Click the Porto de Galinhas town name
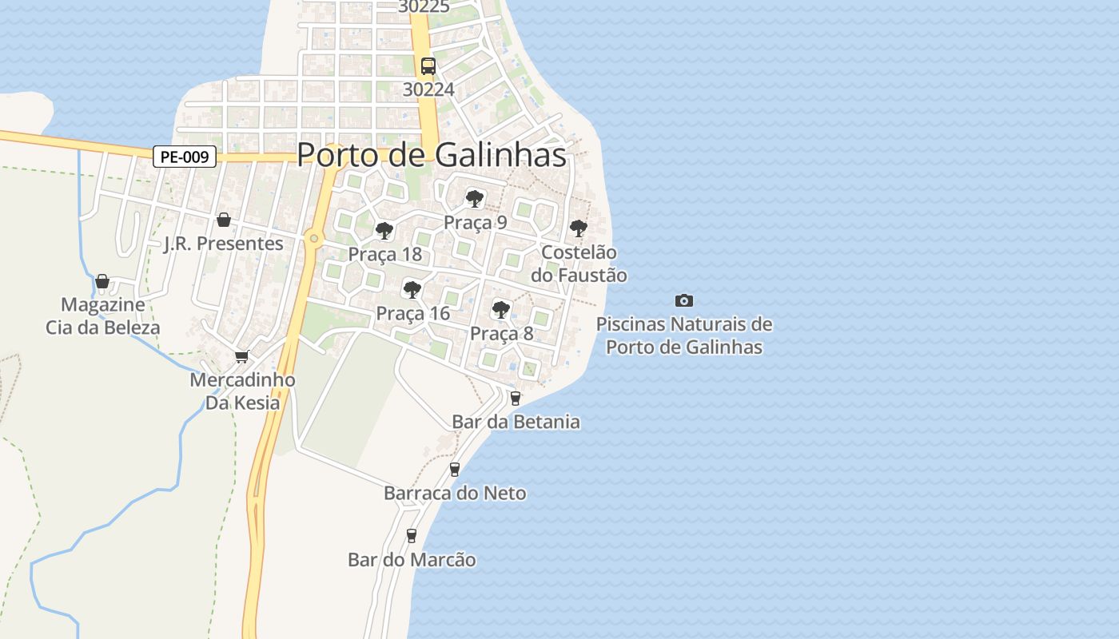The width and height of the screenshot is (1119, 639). click(432, 155)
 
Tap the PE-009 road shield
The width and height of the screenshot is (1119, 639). click(185, 157)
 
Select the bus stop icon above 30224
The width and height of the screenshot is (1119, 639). click(428, 66)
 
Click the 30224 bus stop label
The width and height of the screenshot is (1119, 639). click(428, 89)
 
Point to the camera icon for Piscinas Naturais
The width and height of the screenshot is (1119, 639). click(684, 301)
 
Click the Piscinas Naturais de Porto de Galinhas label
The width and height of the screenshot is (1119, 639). click(684, 335)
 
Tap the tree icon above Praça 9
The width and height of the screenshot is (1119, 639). click(475, 199)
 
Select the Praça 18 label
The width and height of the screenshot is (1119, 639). click(384, 254)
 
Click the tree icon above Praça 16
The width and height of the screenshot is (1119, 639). click(412, 290)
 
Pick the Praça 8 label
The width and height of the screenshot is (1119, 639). click(501, 333)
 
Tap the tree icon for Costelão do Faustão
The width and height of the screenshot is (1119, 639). click(579, 229)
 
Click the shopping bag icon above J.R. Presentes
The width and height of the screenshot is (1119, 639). click(224, 220)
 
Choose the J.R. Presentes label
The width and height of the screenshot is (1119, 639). click(224, 244)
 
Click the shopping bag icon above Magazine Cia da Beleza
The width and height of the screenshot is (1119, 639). click(102, 281)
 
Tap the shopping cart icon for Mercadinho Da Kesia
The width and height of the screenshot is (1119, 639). click(241, 356)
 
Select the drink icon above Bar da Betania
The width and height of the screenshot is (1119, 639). click(516, 398)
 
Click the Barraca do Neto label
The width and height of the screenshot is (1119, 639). click(455, 493)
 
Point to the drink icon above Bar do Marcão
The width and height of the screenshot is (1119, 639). click(412, 536)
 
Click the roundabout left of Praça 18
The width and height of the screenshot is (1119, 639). click(314, 238)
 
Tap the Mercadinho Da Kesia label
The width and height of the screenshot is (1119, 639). click(242, 391)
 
